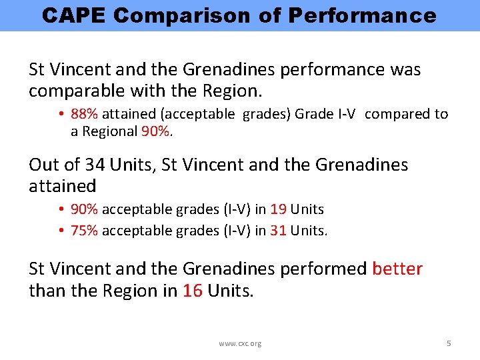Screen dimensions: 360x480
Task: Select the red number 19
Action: (x=279, y=209)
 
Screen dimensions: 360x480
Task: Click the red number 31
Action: (x=279, y=231)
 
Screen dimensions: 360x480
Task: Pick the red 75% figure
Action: (x=84, y=231)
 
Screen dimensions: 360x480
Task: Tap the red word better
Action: (x=397, y=269)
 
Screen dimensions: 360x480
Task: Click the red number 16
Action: (x=193, y=291)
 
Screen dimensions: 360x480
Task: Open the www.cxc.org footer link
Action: (x=240, y=343)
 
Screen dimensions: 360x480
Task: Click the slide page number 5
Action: (x=449, y=343)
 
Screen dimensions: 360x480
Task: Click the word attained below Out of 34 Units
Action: (x=62, y=186)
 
